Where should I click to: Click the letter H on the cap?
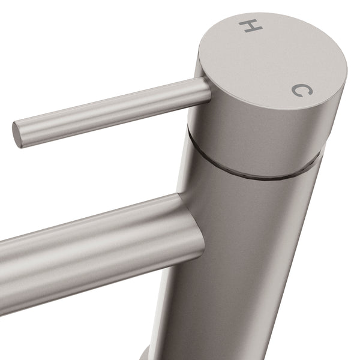point(251,26)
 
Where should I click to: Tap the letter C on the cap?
point(302,90)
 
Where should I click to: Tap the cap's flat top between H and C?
point(273,60)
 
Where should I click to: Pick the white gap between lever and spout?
point(90,174)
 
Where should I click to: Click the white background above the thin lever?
point(90,48)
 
